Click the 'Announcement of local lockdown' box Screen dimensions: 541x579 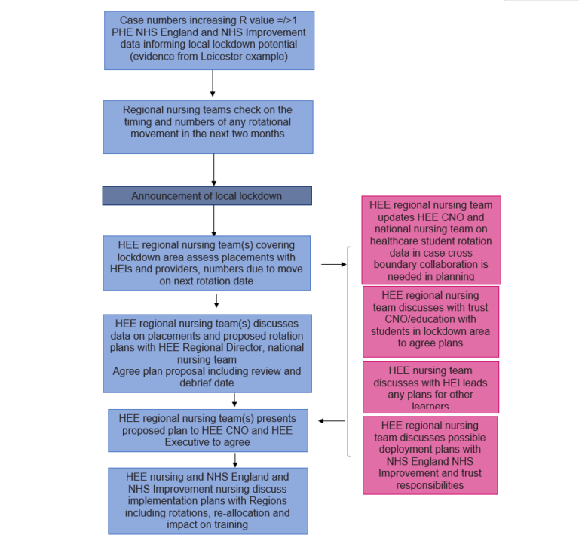click(207, 196)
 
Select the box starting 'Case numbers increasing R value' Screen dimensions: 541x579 click(207, 39)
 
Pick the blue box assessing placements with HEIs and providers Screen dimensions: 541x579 click(207, 263)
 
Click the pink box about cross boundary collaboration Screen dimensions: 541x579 click(430, 240)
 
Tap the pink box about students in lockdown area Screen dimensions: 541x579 click(430, 320)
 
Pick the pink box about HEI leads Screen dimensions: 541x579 click(430, 386)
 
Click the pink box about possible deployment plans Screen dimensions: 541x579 click(430, 455)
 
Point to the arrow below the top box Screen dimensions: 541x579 click(213, 83)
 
